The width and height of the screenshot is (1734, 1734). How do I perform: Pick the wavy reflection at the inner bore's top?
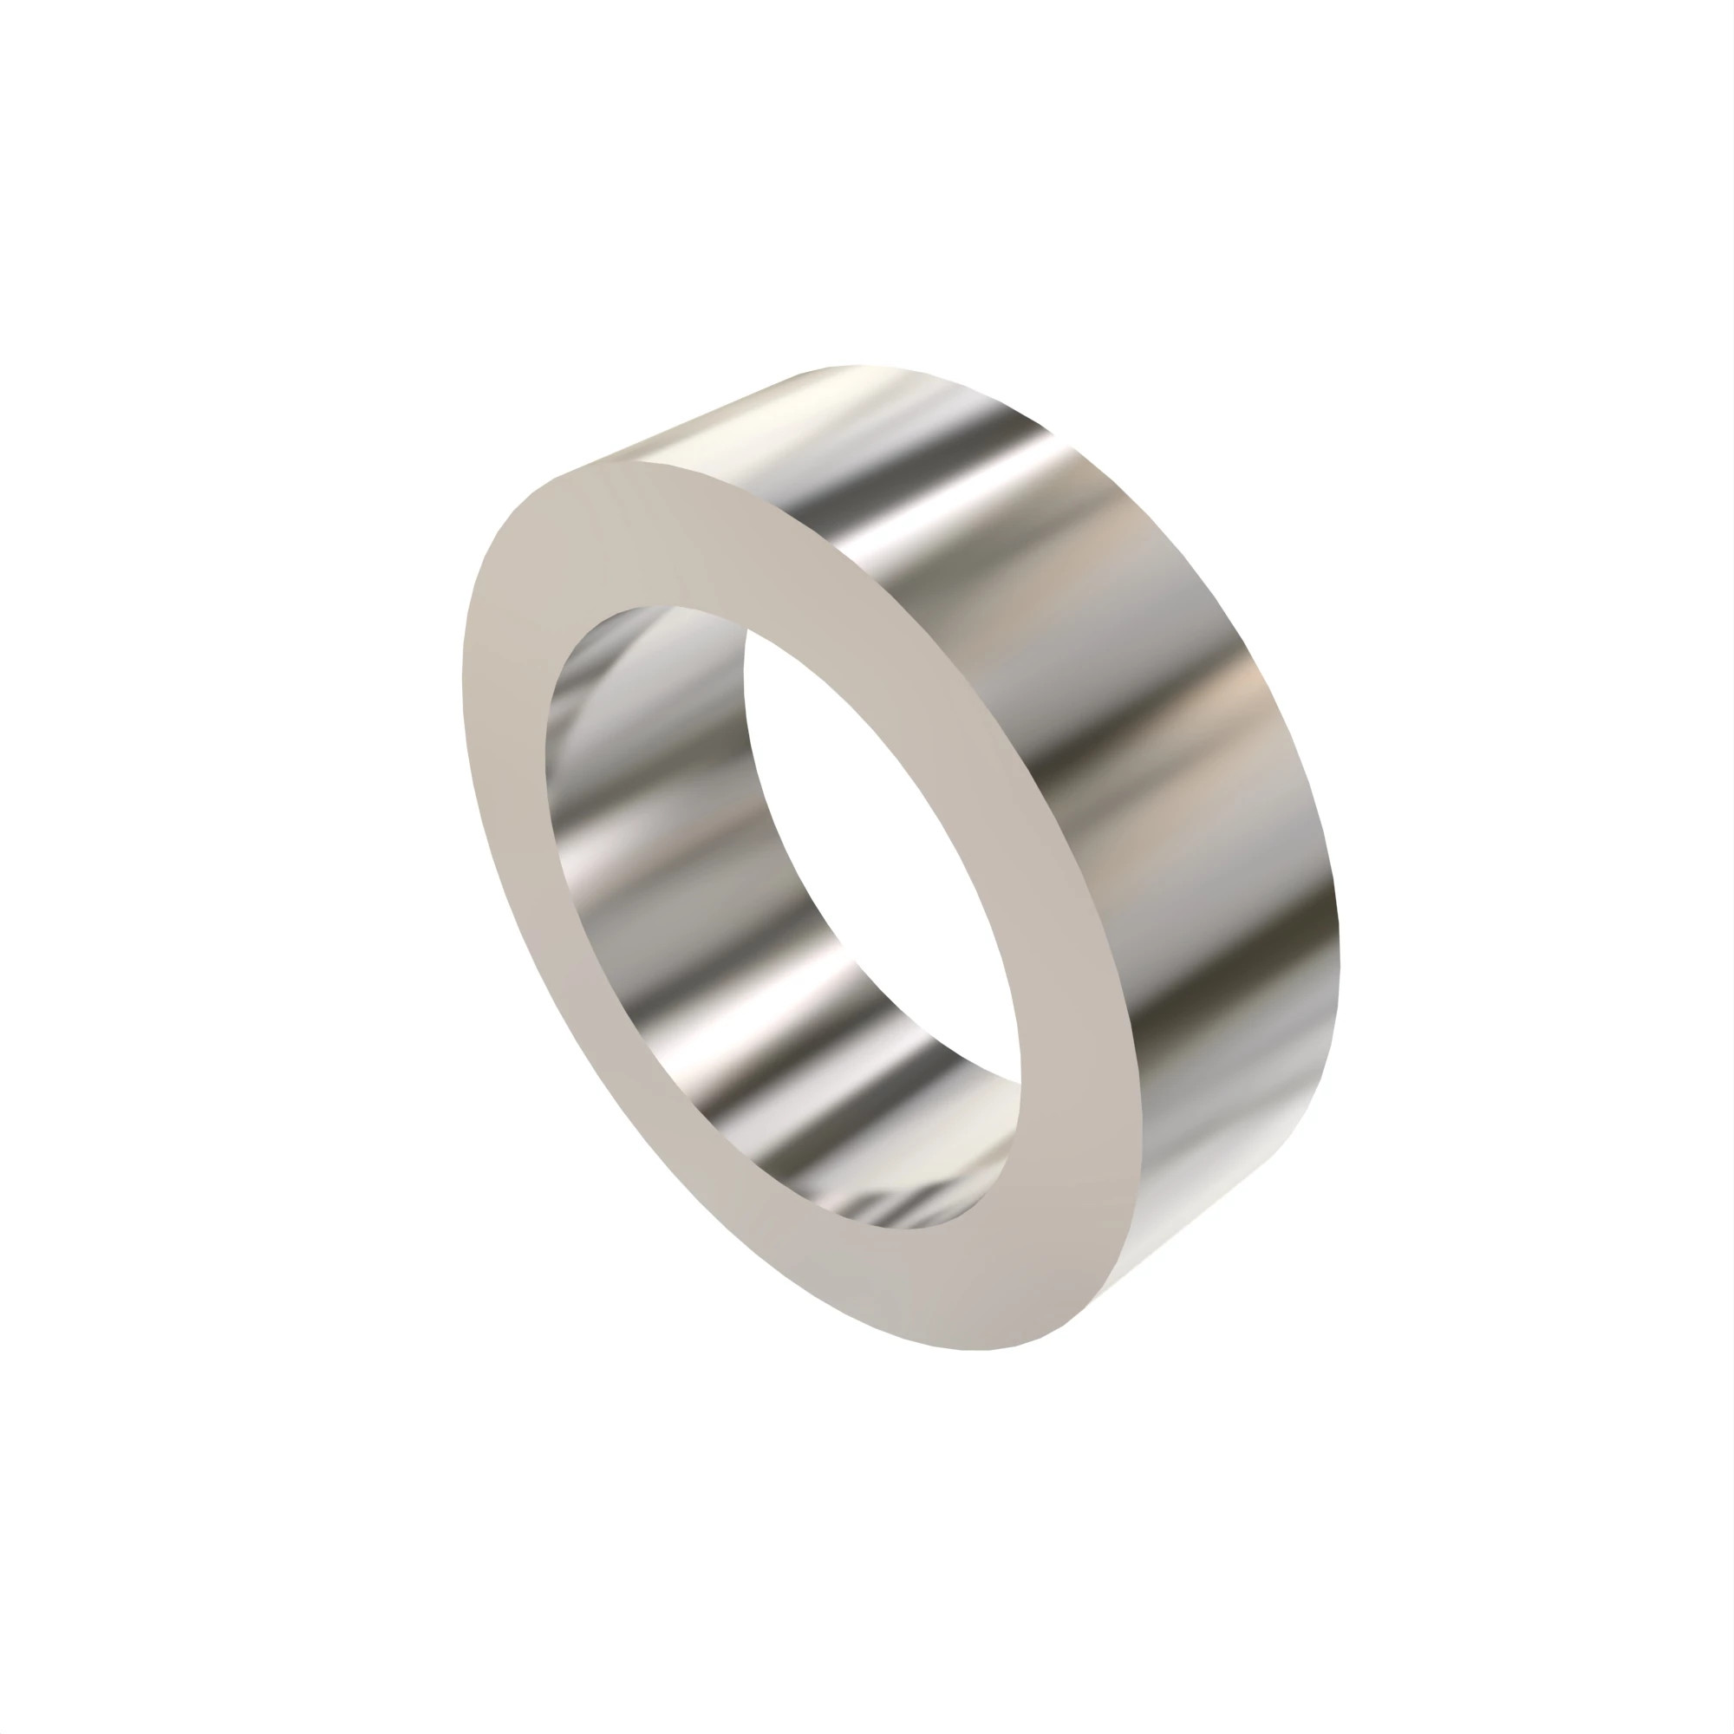pyautogui.click(x=629, y=646)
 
